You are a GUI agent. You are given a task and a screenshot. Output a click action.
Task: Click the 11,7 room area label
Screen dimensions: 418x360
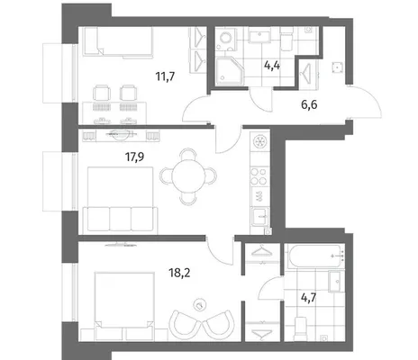[x=165, y=77]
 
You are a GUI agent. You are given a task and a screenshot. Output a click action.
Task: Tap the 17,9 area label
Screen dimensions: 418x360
[x=134, y=157]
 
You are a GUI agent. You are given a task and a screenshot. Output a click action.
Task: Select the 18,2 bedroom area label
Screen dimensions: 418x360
[x=179, y=273]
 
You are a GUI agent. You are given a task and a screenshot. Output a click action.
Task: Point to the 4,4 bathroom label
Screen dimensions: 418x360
[x=272, y=65]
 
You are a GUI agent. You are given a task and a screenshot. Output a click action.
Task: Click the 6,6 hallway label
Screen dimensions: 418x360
[x=309, y=104]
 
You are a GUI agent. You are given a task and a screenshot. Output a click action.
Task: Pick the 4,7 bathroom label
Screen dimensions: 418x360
[x=309, y=299]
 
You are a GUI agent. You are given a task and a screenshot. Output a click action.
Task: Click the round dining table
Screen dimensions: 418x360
[x=188, y=176]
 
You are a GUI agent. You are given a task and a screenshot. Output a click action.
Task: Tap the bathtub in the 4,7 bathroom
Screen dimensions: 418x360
[x=316, y=256]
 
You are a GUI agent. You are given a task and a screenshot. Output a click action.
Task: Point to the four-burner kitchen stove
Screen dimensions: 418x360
[x=259, y=176]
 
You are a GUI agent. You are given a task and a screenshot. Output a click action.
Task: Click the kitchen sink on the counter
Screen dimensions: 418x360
[x=259, y=217]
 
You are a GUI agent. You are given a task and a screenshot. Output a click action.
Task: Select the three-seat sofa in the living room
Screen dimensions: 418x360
[x=120, y=219]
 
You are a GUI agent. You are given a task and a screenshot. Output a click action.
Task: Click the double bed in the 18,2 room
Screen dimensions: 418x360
[x=123, y=300]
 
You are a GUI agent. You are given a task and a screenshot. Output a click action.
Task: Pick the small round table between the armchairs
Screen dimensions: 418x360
[x=200, y=304]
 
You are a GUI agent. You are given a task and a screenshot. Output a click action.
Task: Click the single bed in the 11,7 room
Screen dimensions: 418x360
[x=118, y=41]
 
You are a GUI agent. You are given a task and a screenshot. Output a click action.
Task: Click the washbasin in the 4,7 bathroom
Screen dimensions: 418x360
[x=337, y=282]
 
